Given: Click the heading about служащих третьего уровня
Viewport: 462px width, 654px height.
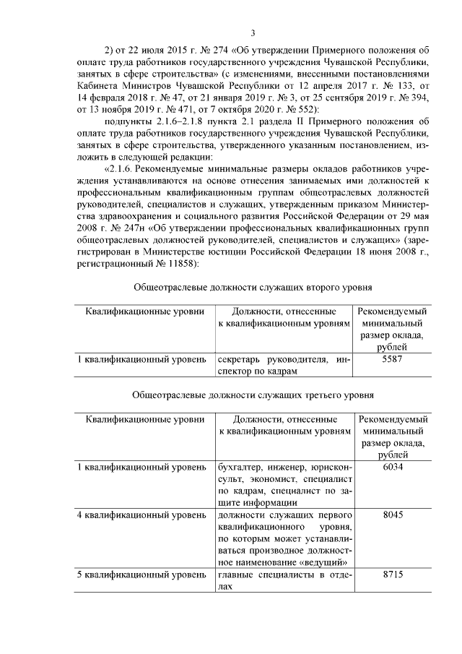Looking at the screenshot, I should click(253, 395).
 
